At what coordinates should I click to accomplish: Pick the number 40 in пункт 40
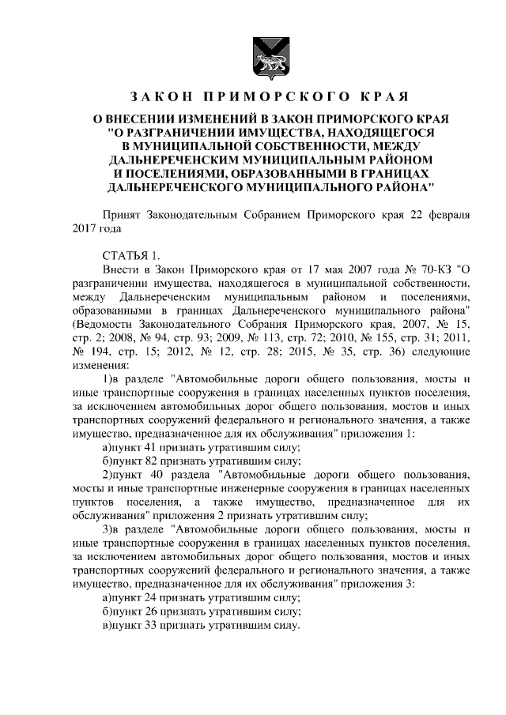(157, 474)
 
